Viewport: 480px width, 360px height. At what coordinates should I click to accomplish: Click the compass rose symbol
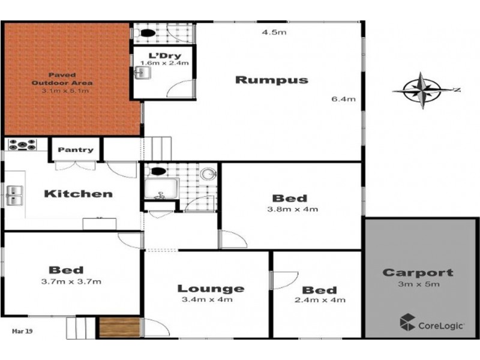[422, 91]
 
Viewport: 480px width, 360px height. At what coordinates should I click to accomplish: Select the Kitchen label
[79, 194]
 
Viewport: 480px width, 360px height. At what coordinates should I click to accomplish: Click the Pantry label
[76, 150]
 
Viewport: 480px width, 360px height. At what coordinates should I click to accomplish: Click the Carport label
[418, 273]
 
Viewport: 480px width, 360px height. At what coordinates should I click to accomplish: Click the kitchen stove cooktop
[22, 145]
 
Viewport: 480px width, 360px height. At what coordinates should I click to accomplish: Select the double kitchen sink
[15, 193]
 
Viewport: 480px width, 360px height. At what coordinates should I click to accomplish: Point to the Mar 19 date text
[23, 329]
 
